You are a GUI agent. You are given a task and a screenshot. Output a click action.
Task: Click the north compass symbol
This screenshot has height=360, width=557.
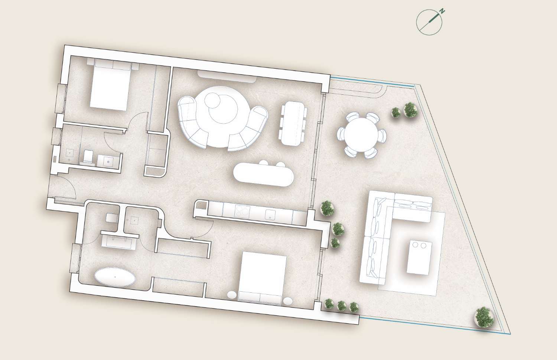click(x=429, y=22)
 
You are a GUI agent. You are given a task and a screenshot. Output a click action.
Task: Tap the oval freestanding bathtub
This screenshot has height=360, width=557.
click(x=115, y=277)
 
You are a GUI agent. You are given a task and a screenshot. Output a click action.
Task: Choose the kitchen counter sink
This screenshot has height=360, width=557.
click(x=270, y=214)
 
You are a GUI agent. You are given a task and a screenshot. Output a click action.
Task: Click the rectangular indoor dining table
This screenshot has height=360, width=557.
click(x=293, y=123)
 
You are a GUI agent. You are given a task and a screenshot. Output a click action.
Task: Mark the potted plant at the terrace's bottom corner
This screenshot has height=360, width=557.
click(x=484, y=317)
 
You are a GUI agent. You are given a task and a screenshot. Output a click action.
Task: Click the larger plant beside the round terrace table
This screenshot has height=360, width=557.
click(x=410, y=110)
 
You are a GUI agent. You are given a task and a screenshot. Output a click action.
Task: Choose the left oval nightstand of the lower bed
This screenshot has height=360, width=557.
click(x=231, y=295)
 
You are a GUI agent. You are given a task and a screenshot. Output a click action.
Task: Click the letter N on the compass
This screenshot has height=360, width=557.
click(x=442, y=12)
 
